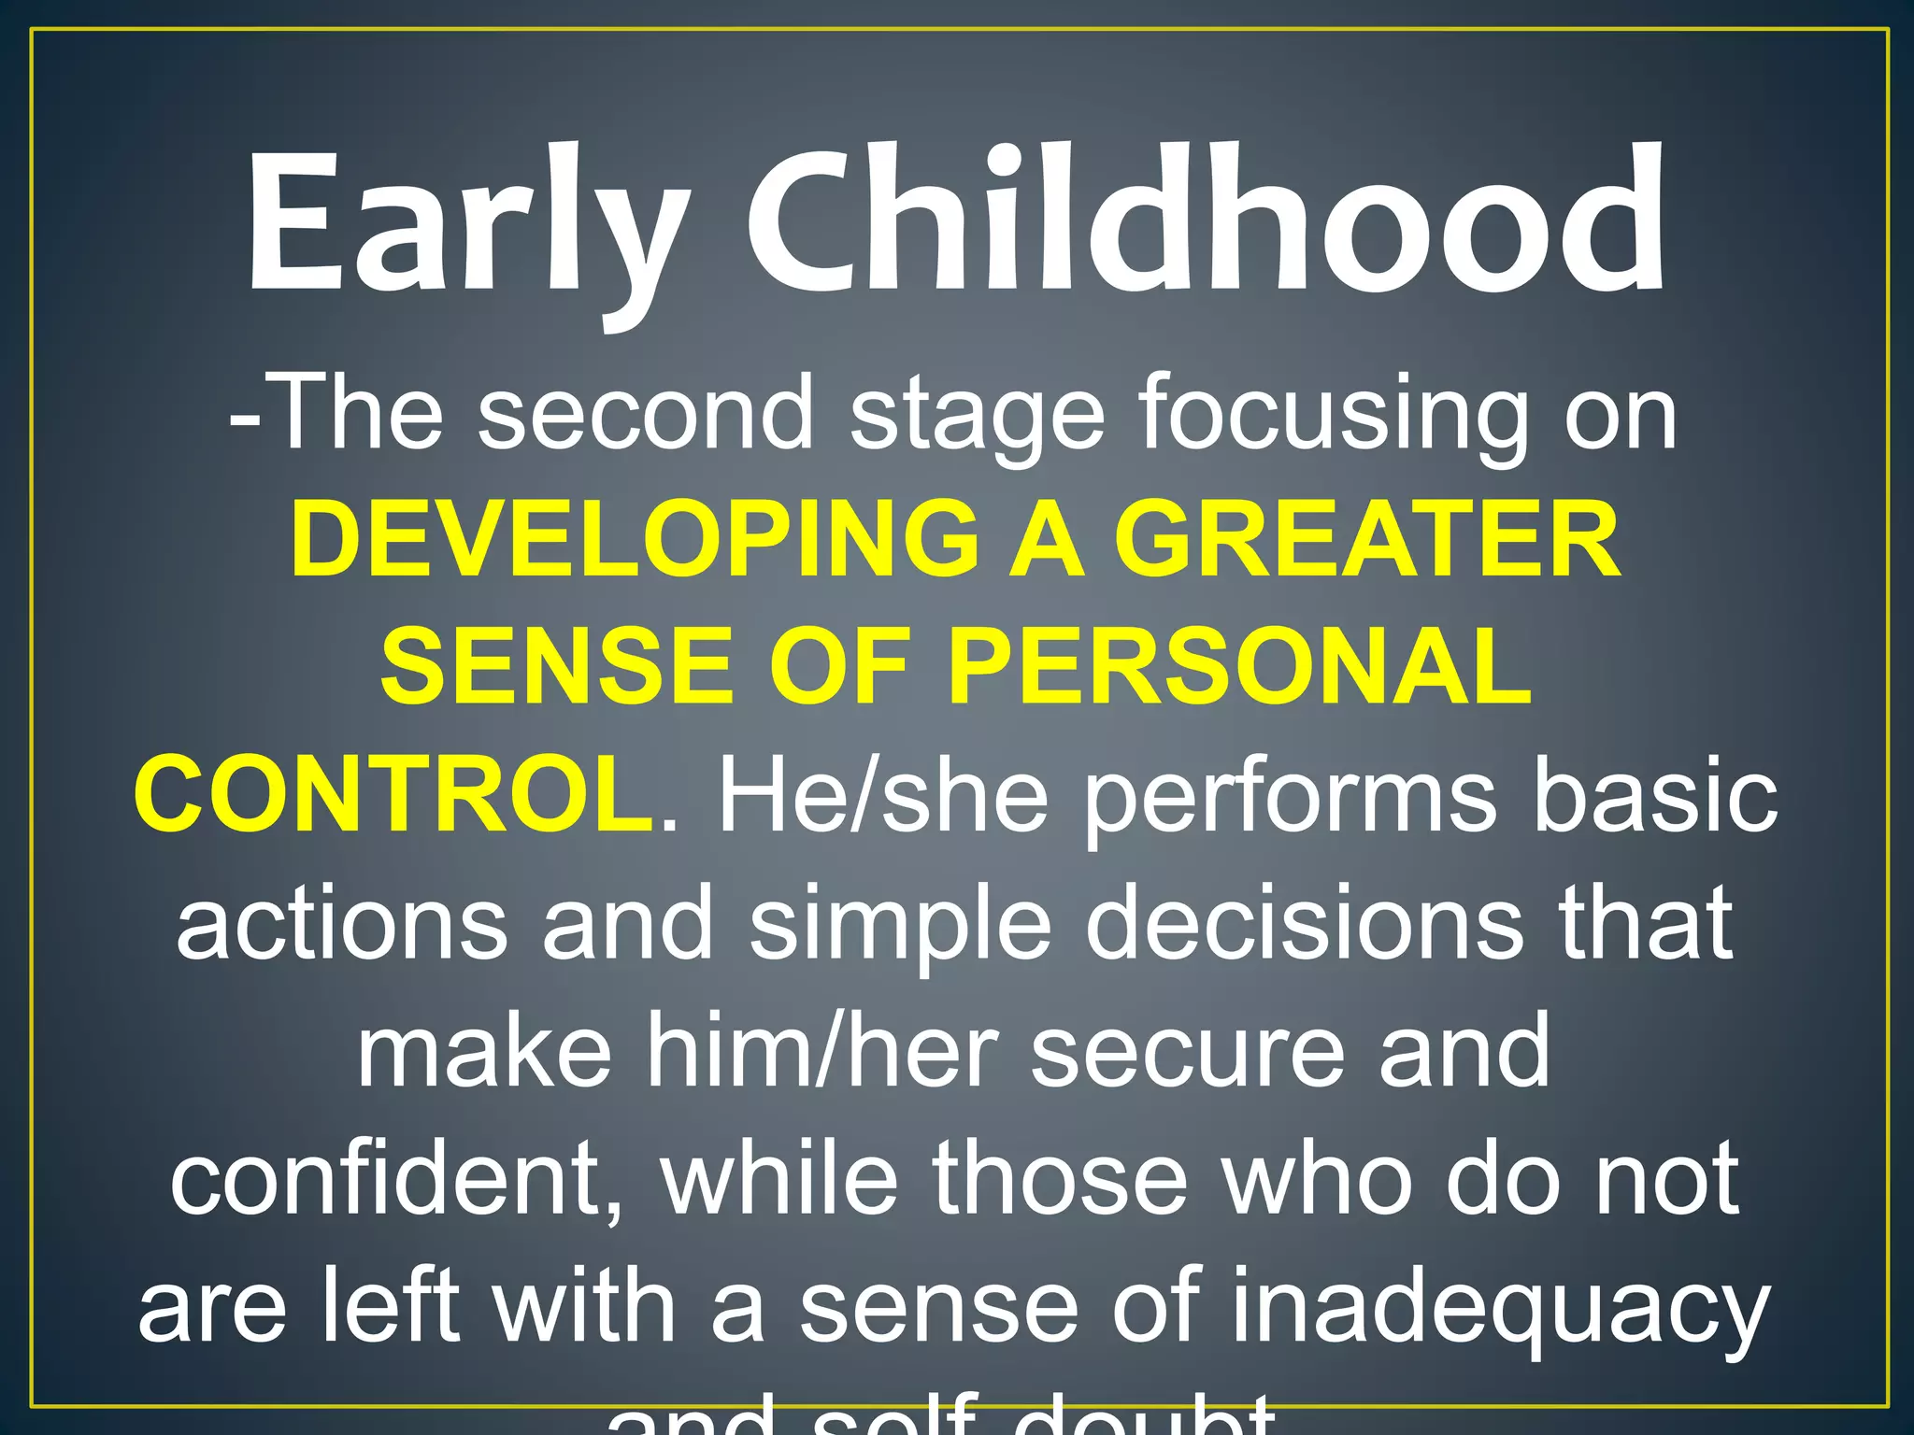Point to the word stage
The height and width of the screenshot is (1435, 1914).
click(x=977, y=416)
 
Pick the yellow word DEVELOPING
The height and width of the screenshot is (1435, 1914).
click(x=635, y=540)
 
